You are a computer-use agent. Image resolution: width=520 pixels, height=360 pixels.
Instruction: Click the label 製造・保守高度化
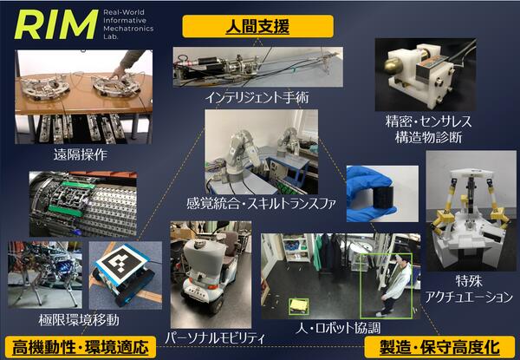tap(442, 347)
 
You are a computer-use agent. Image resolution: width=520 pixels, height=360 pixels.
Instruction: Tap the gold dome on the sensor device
tap(394, 64)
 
